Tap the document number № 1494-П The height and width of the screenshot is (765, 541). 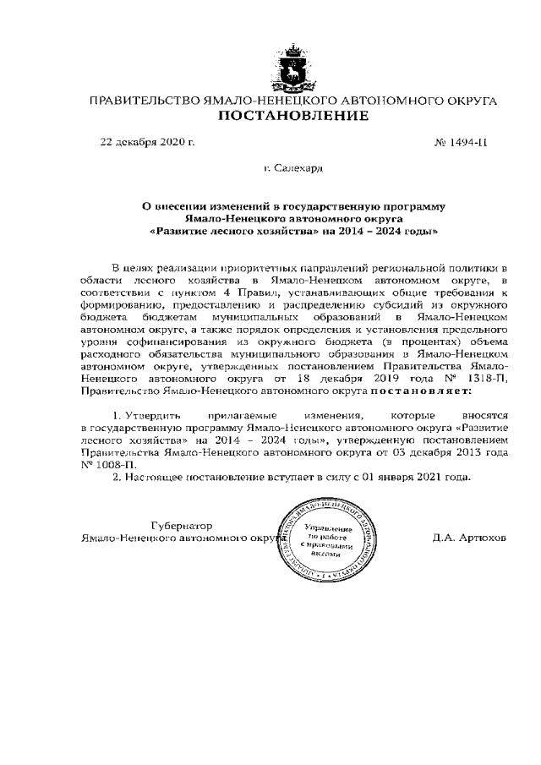[461, 141]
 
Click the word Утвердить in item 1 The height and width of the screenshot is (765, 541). [151, 416]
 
